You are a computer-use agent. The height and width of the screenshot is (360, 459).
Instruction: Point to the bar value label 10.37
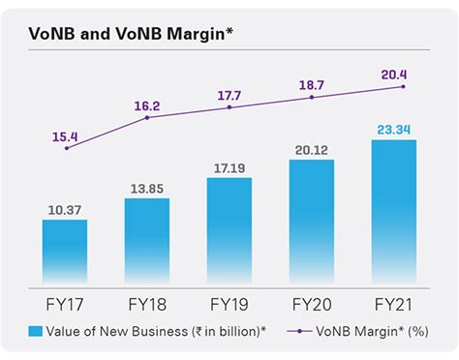[x=65, y=210]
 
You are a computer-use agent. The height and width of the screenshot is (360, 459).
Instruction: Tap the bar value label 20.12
[x=312, y=149]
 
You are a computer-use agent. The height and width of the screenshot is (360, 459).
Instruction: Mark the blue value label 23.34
[x=394, y=129]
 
